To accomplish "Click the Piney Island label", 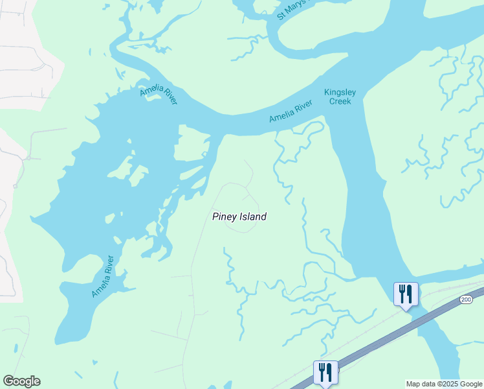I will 239,217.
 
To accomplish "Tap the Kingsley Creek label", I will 340,97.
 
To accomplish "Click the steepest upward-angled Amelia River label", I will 103,277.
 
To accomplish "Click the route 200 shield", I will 466,300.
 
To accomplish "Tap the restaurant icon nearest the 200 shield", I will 406,294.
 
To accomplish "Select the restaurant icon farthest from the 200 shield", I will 325,373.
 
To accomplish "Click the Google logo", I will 21,381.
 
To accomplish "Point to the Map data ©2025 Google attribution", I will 444,384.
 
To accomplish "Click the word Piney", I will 225,217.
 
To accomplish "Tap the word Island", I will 253,217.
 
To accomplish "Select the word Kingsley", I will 340,92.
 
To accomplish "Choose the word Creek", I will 340,101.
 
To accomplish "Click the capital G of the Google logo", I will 8,381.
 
